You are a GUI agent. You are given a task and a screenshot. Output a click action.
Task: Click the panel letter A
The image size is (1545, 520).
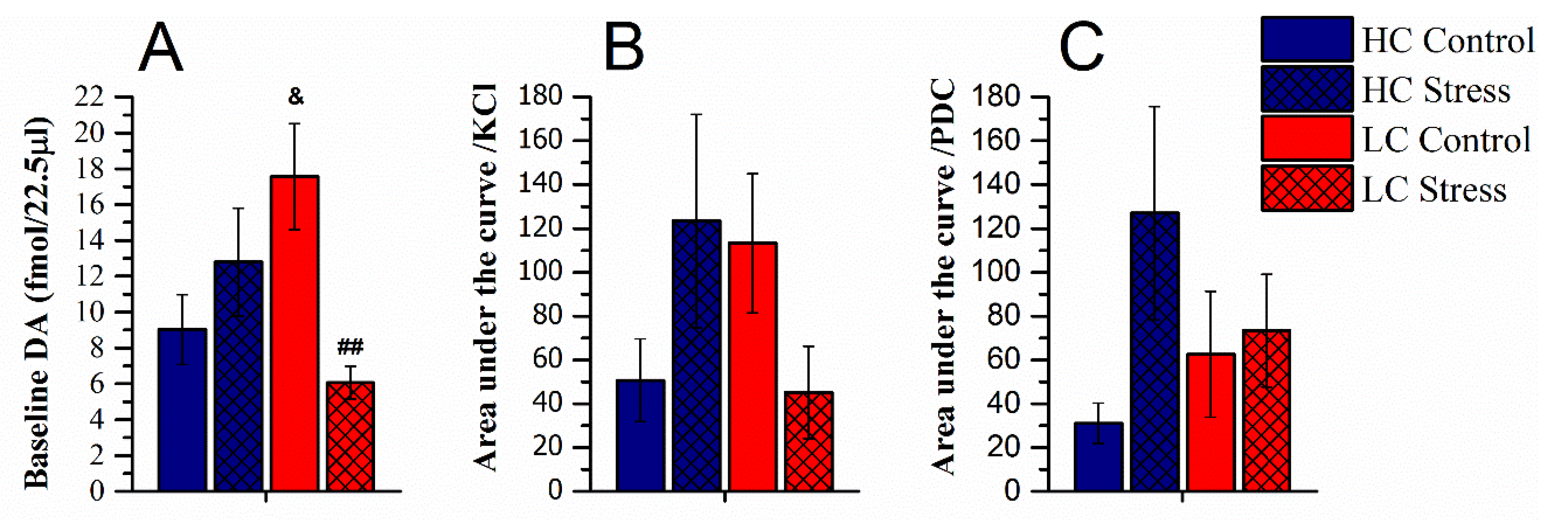coord(160,48)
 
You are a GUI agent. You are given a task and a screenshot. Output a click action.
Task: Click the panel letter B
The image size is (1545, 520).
coord(624,48)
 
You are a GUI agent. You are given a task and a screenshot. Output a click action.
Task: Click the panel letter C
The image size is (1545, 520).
coord(1081,48)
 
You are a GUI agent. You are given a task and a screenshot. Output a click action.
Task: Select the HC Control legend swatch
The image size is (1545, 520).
coord(1307,39)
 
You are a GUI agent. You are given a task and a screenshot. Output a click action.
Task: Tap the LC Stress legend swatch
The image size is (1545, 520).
coord(1307,189)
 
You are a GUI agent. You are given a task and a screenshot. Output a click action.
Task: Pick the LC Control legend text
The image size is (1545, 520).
coord(1446,140)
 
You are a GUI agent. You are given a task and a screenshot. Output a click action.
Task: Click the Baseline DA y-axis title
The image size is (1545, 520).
coord(37,303)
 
